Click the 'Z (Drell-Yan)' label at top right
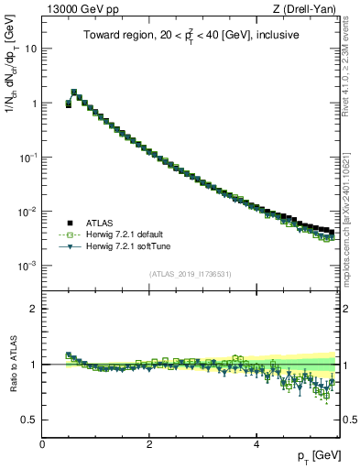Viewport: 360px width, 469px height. click(309, 8)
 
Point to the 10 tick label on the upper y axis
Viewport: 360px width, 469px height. click(30, 49)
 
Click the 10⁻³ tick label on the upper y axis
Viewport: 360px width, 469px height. click(28, 266)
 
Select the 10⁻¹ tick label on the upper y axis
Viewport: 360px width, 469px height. click(28, 157)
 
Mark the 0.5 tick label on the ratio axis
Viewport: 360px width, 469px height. click(29, 420)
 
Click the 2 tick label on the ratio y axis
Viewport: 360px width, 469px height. click(34, 309)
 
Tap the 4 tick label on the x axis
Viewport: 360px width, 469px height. click(256, 442)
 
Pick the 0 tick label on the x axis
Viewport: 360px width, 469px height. click(42, 442)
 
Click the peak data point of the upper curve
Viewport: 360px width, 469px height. click(74, 93)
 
